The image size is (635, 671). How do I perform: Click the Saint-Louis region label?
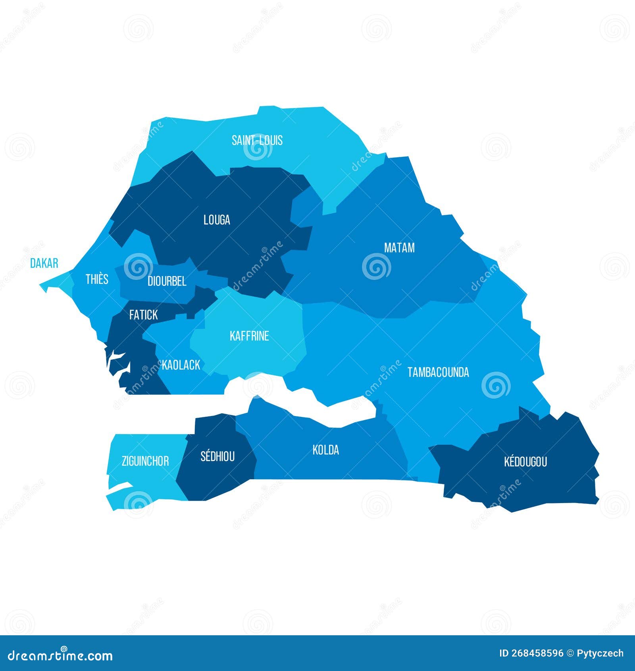pyautogui.click(x=257, y=140)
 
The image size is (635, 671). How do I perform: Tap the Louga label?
pyautogui.click(x=217, y=220)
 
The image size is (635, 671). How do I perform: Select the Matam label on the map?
pyautogui.click(x=399, y=248)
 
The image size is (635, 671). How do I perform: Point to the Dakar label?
pyautogui.click(x=44, y=263)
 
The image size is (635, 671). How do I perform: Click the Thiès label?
pyautogui.click(x=97, y=279)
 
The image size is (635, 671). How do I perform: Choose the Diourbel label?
pyautogui.click(x=167, y=281)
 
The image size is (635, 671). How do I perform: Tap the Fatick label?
pyautogui.click(x=143, y=315)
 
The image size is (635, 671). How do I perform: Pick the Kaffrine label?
pyautogui.click(x=249, y=336)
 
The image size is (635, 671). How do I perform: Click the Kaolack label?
pyautogui.click(x=181, y=365)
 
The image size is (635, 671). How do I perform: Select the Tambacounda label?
pyautogui.click(x=438, y=372)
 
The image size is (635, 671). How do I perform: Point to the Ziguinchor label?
pyautogui.click(x=145, y=461)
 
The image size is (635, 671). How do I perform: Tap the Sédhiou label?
pyautogui.click(x=217, y=457)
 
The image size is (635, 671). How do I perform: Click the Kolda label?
pyautogui.click(x=325, y=450)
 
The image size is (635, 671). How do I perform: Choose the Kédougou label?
pyautogui.click(x=525, y=462)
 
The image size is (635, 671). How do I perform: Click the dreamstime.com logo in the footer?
pyautogui.click(x=60, y=656)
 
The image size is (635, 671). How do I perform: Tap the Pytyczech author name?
pyautogui.click(x=600, y=654)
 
